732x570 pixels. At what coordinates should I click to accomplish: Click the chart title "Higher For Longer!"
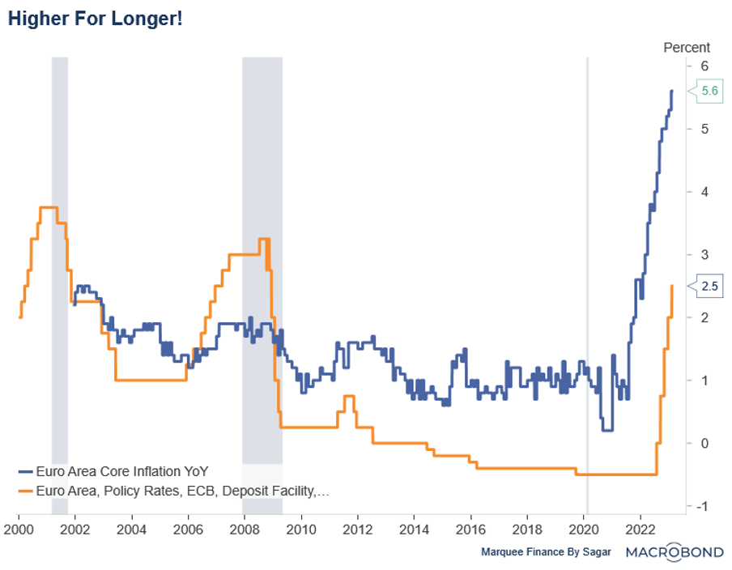96,19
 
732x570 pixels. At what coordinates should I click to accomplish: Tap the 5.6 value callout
709,91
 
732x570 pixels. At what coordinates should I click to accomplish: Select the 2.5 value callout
709,285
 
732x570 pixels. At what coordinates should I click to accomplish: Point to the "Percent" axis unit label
687,48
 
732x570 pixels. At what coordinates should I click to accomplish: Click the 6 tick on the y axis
705,66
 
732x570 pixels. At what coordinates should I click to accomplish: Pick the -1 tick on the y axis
703,506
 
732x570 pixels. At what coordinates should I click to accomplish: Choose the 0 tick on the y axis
705,443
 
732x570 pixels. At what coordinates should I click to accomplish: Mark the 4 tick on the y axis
705,192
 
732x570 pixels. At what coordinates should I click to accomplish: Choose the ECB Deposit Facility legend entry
174,490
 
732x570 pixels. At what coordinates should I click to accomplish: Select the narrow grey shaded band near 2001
59,283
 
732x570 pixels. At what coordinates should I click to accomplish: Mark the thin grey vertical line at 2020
587,243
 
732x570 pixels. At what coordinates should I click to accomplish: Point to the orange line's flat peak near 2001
48,208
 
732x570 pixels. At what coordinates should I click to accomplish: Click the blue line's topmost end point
671,91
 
